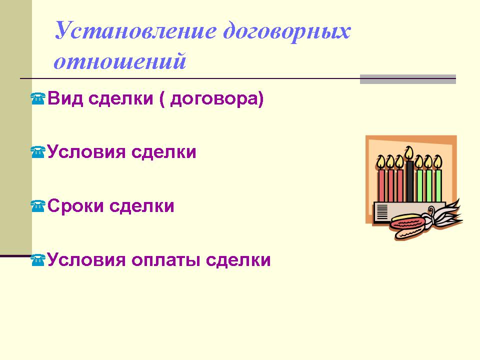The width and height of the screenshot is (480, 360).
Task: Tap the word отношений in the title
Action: pos(120,61)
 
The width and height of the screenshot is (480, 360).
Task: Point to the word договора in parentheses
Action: pos(214,99)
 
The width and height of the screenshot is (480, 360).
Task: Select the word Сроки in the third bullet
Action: pos(75,206)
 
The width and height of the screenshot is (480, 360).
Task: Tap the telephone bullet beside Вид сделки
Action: pos(38,99)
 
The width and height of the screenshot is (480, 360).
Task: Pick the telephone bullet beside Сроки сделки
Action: pos(38,206)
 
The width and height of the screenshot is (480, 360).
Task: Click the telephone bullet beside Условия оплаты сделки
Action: pos(38,260)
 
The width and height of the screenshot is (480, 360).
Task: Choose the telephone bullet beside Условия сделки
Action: pos(38,152)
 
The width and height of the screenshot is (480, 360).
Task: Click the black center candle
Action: pos(409,181)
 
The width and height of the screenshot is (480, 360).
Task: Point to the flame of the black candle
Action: pos(409,153)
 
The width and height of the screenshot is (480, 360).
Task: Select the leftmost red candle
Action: pos(381,185)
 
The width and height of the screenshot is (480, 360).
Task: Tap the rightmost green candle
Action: pos(438,185)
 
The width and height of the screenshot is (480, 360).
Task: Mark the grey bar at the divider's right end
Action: pos(408,79)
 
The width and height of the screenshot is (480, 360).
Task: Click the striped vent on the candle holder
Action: pos(382,212)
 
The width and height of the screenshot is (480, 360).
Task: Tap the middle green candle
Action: pos(429,185)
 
